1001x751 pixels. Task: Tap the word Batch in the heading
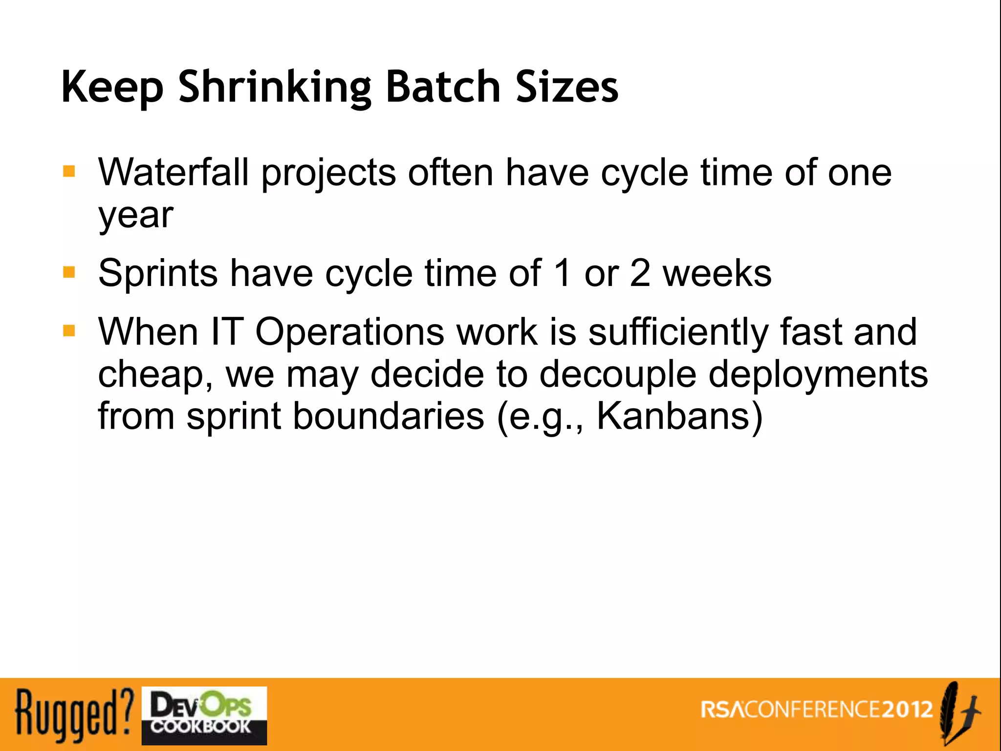[x=443, y=87]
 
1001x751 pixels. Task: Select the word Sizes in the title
[x=567, y=87]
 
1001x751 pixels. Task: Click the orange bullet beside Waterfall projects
[x=69, y=172]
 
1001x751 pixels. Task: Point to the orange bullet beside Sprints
[x=69, y=272]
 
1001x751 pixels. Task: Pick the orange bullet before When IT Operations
[x=69, y=331]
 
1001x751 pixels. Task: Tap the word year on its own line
[x=135, y=215]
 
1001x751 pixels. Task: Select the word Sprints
[x=158, y=273]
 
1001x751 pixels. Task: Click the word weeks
[x=717, y=273]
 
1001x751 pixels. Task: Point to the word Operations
[x=349, y=331]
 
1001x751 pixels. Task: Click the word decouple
[x=618, y=374]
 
